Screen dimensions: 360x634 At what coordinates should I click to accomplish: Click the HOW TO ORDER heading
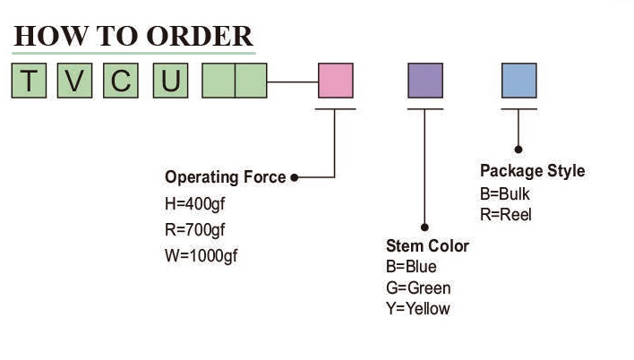pos(133,36)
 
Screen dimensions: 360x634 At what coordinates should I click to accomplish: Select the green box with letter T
pos(30,81)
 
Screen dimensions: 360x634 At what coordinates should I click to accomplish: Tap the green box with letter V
pos(74,81)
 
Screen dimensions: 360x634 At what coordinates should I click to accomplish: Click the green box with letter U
pos(169,81)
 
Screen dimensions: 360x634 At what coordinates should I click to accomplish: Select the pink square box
pos(336,81)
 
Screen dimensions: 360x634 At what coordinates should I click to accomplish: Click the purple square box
pos(425,81)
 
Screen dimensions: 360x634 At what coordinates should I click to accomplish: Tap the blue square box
pos(518,81)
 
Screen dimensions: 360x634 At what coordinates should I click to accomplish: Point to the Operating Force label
pos(225,177)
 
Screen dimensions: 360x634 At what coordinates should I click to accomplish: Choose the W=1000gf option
pos(201,255)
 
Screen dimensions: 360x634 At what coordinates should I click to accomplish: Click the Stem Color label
pos(427,246)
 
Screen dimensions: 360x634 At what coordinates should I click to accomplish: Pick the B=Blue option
pos(411,267)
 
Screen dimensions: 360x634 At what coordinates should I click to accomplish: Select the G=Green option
pos(418,288)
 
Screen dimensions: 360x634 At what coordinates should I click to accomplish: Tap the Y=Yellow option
pos(418,309)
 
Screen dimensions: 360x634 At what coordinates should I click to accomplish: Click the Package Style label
pos(532,171)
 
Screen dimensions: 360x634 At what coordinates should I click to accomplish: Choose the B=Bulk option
pos(506,193)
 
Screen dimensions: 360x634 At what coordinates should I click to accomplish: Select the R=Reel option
pos(506,215)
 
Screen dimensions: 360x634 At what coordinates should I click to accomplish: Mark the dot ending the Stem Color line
pos(425,228)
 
